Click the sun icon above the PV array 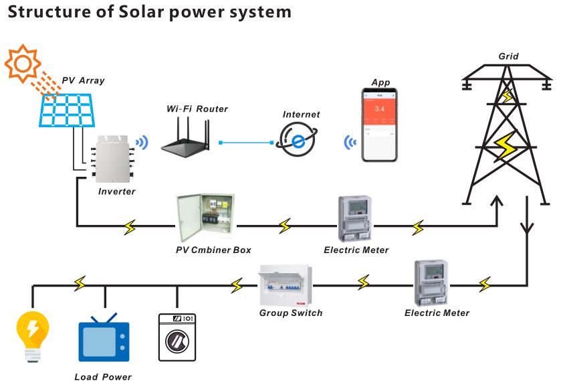click(x=23, y=64)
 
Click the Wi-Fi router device click(x=188, y=141)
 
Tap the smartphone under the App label click(x=379, y=125)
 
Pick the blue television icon click(x=103, y=339)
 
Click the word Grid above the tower click(x=508, y=56)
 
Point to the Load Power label click(x=103, y=377)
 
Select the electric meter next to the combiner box click(x=354, y=218)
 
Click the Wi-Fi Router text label click(x=197, y=108)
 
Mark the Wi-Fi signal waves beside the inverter click(x=141, y=142)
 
